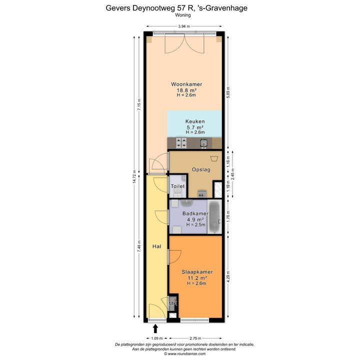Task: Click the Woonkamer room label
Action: click(186, 84)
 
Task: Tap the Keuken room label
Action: click(195, 121)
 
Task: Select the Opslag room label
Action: click(201, 169)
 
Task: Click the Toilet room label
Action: click(177, 186)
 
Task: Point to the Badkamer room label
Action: click(195, 213)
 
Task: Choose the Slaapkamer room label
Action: click(197, 272)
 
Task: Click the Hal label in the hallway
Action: click(156, 246)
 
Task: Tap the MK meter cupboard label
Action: click(172, 303)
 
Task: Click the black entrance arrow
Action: click(155, 328)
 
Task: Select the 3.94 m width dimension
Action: click(184, 26)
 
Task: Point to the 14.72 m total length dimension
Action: click(134, 176)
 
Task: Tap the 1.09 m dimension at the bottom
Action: click(157, 338)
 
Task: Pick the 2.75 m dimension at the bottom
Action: click(195, 338)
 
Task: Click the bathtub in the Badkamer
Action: click(215, 217)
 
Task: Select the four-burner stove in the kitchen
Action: click(181, 143)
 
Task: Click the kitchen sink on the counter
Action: click(203, 143)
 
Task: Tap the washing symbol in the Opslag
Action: click(214, 158)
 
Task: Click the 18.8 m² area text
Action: click(186, 90)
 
